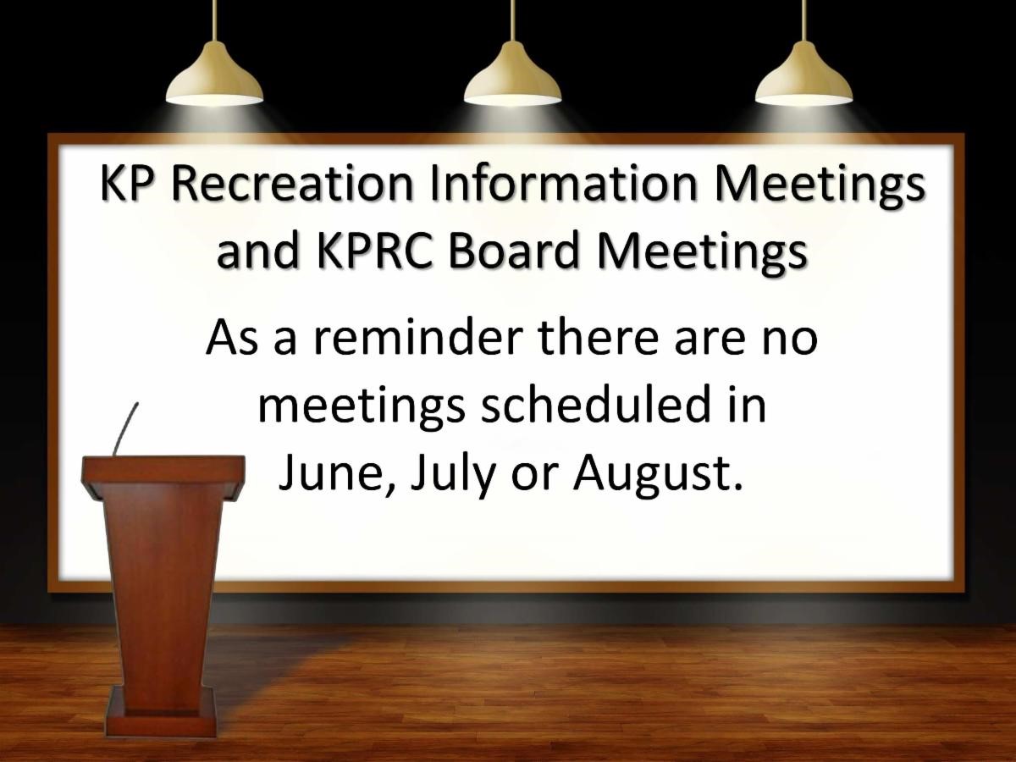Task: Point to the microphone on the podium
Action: (x=125, y=428)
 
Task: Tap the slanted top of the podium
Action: (x=163, y=478)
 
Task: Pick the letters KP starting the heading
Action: (x=127, y=183)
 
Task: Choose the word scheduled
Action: (x=596, y=406)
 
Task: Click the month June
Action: (x=335, y=475)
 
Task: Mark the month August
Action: (x=653, y=476)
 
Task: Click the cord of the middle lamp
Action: (x=512, y=21)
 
